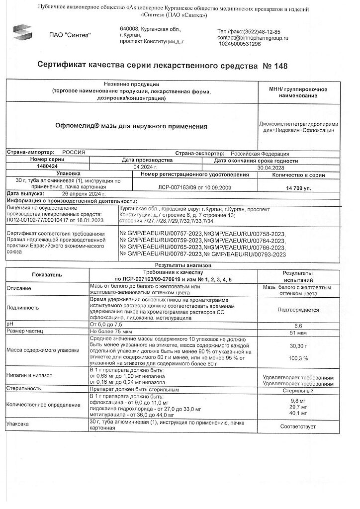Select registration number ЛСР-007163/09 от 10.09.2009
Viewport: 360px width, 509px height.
pos(194,188)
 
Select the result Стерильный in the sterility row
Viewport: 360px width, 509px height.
pos(297,391)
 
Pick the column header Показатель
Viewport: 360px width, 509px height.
pos(47,274)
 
